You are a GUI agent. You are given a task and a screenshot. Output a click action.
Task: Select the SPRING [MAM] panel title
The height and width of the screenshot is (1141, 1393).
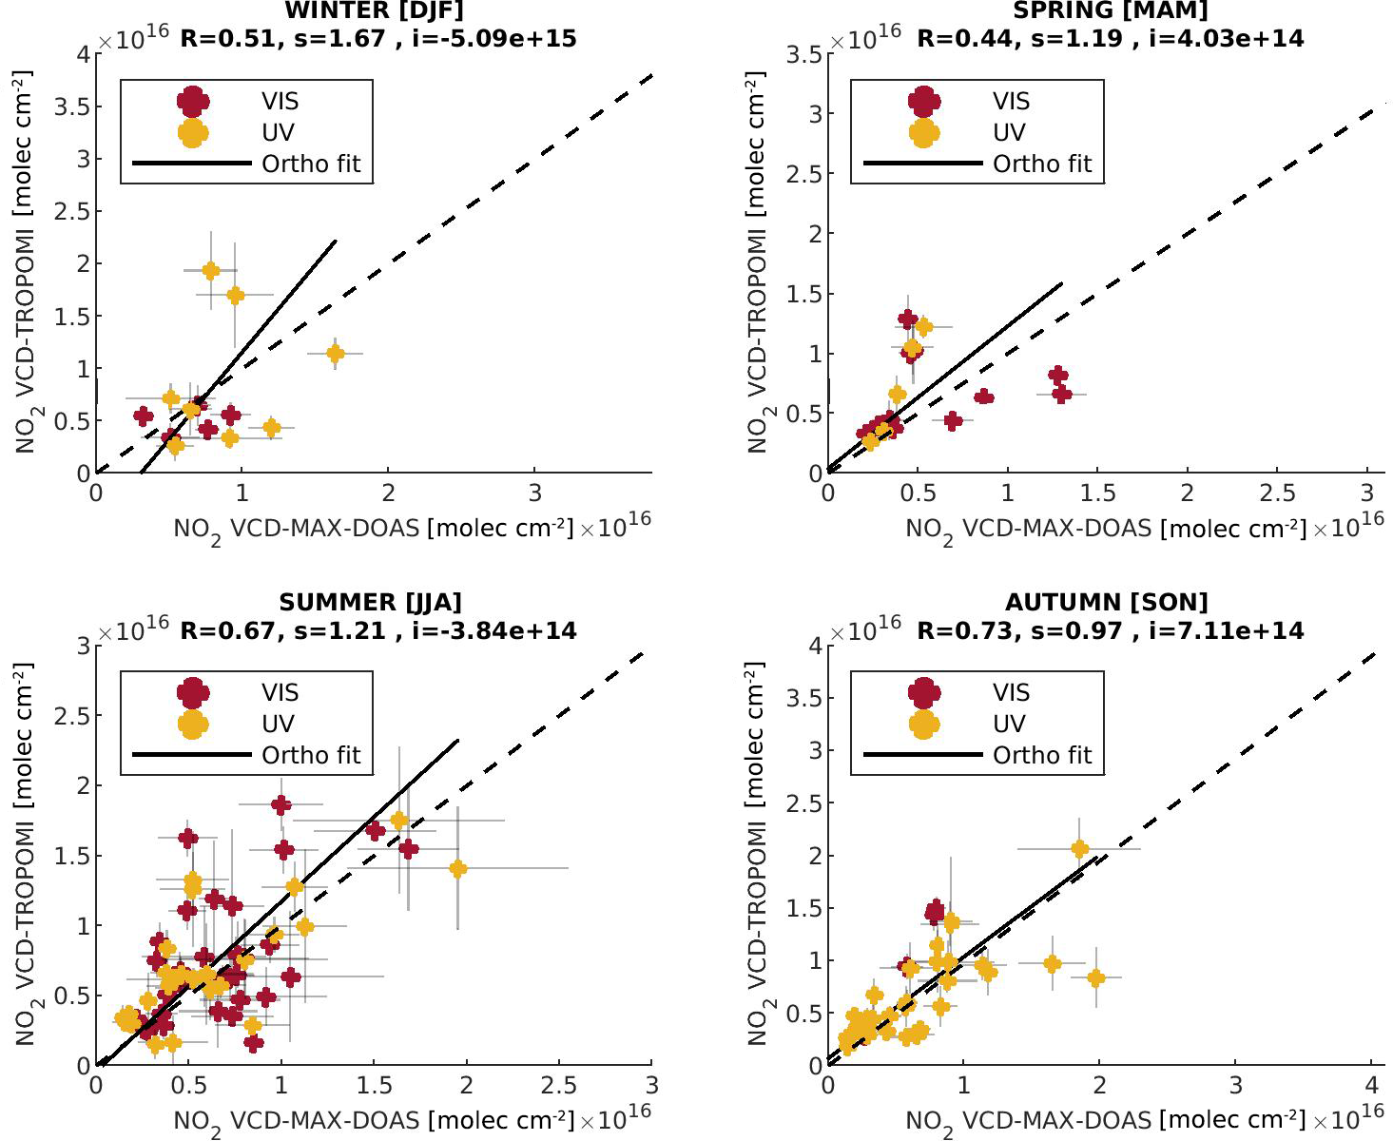coord(1110,10)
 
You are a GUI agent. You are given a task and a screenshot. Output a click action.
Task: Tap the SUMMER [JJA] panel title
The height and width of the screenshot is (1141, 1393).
coord(370,602)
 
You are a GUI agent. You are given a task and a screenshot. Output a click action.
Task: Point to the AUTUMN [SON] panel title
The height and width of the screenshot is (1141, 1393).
coord(1107,602)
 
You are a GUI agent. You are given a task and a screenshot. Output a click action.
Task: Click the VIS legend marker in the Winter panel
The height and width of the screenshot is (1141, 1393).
coord(193,101)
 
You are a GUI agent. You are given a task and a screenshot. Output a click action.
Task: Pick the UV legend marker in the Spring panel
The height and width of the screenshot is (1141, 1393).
coord(924,132)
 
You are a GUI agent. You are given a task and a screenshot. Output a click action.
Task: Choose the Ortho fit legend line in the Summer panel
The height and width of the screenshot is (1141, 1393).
coord(191,755)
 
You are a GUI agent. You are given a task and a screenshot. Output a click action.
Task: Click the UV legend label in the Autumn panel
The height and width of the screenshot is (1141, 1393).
coord(1009,724)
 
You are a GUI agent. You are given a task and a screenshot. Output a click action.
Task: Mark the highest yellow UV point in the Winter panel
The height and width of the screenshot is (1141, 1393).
coord(211,271)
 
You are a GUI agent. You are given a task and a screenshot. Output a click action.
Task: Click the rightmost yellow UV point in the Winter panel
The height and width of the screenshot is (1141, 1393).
coord(335,354)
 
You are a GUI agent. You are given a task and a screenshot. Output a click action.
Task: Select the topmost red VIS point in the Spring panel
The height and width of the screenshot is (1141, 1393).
coord(908,319)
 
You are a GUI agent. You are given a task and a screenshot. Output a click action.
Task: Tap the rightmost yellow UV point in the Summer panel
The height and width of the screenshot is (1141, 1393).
coord(458,868)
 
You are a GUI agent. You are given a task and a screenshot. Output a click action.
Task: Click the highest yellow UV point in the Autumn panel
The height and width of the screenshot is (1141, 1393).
coord(1079,848)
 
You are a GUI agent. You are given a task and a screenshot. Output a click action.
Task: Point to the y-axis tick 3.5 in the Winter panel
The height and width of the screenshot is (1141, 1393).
coord(78,106)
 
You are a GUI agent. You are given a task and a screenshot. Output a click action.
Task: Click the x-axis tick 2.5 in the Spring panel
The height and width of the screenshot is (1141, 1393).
coord(1277,493)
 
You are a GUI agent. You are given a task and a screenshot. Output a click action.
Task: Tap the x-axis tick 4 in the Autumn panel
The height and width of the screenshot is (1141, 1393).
coord(1371,1086)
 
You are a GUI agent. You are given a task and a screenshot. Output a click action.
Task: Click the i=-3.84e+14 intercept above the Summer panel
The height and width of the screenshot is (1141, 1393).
coord(494,630)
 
